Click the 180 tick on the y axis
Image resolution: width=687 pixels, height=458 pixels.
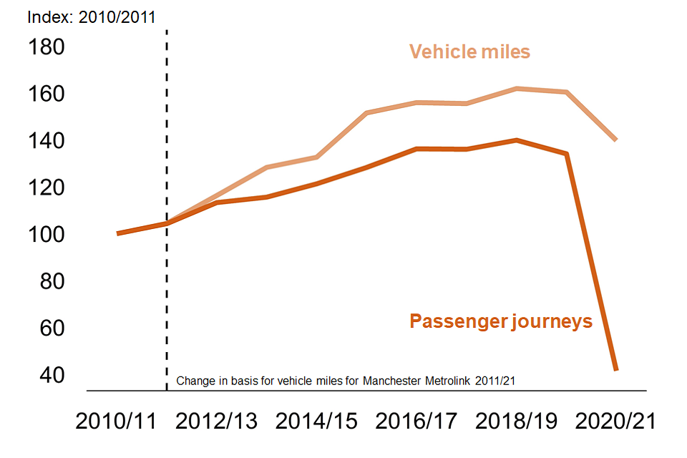[x=46, y=47]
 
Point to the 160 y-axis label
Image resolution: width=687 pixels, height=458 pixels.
[x=46, y=94]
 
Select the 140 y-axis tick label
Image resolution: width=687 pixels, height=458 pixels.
[x=46, y=141]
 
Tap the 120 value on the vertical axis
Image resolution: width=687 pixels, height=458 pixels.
[x=46, y=188]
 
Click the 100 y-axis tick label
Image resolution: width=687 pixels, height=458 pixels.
[x=46, y=235]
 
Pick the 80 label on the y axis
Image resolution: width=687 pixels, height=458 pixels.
[x=46, y=282]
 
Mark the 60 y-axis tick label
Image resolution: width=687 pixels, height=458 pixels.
[x=46, y=328]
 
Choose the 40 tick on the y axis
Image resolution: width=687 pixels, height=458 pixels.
[x=46, y=375]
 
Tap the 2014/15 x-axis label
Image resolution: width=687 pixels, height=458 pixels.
[x=317, y=422]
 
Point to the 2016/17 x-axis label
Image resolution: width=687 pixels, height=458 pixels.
[x=416, y=422]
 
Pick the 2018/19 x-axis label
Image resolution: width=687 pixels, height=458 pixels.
[x=516, y=422]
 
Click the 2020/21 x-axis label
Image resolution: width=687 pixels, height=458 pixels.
[x=615, y=422]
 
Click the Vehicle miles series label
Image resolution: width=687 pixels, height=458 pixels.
[x=469, y=52]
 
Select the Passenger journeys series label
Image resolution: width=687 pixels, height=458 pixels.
[x=501, y=321]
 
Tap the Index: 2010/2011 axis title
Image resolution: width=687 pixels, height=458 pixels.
[x=91, y=16]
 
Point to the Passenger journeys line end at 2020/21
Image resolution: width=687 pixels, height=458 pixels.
[x=615, y=369]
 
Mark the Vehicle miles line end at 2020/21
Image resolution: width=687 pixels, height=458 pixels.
[x=615, y=140]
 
